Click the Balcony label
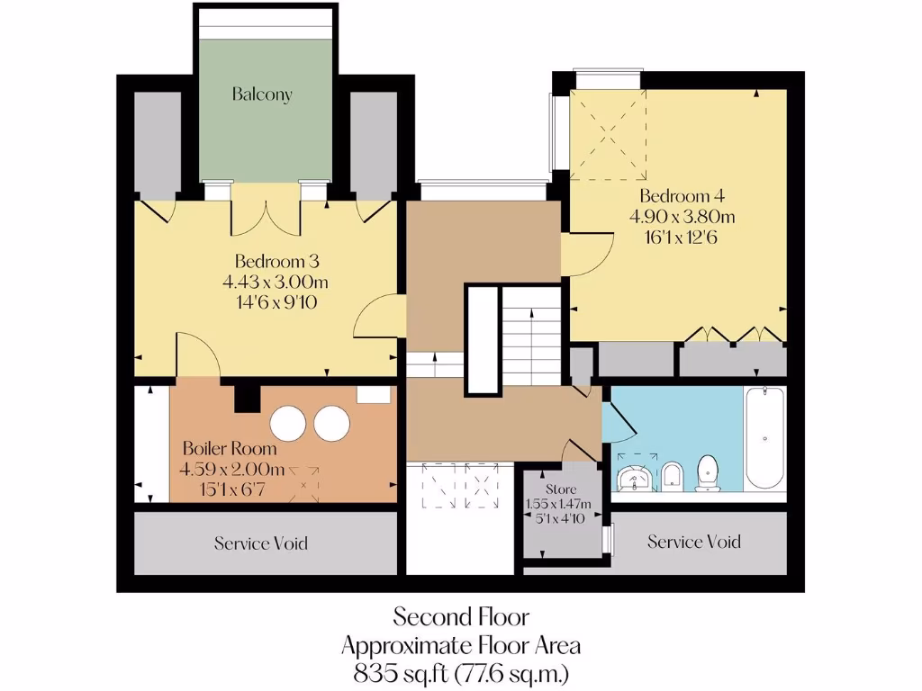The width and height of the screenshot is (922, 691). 262,94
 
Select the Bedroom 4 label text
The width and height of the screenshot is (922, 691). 682,196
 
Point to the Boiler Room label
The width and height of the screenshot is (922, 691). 230,448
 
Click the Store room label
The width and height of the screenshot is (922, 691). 550,491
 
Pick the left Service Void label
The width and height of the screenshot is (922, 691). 261,543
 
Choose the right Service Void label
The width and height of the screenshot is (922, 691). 694,542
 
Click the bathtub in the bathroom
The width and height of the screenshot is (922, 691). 764,437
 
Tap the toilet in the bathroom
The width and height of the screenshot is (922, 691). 709,472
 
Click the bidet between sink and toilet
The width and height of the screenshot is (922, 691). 673,477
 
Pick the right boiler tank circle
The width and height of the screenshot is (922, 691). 331,423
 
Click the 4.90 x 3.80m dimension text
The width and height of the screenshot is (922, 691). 682,217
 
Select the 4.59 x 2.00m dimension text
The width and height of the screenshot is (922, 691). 232,469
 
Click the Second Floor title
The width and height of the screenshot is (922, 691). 460,617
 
